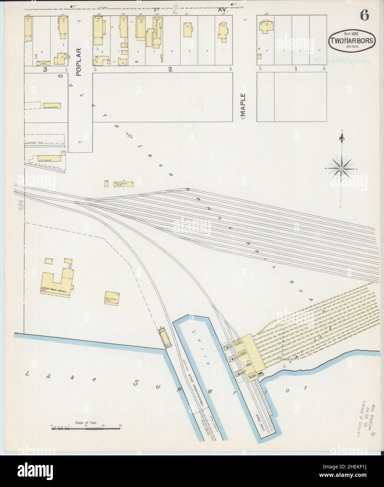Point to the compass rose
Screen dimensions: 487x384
(341, 169)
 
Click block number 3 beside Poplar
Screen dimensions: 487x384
(45, 69)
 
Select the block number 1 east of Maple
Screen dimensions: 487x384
(295, 69)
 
